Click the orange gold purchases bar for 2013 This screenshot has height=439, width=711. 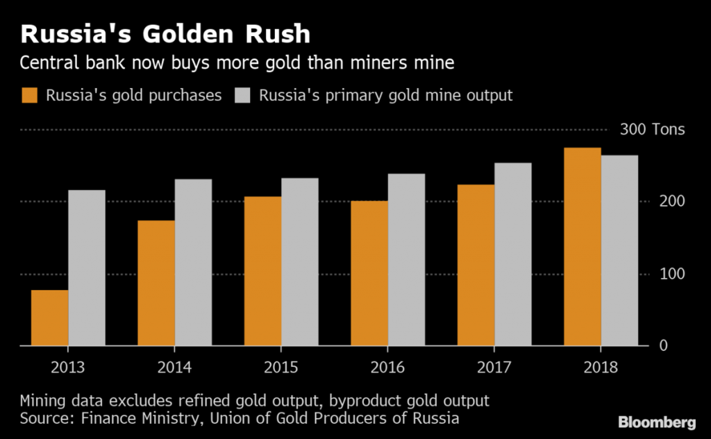point(49,318)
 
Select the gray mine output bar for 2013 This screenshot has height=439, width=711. point(87,268)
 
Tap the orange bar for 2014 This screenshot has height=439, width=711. point(156,283)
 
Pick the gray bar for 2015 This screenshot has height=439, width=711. point(300,261)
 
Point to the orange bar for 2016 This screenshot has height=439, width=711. point(369,273)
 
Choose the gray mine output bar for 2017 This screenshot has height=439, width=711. point(513,254)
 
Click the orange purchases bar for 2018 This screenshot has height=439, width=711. point(583,246)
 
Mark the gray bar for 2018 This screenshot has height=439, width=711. point(619,250)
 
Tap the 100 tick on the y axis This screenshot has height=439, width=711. point(672,274)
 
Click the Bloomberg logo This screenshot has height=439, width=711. point(656,422)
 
